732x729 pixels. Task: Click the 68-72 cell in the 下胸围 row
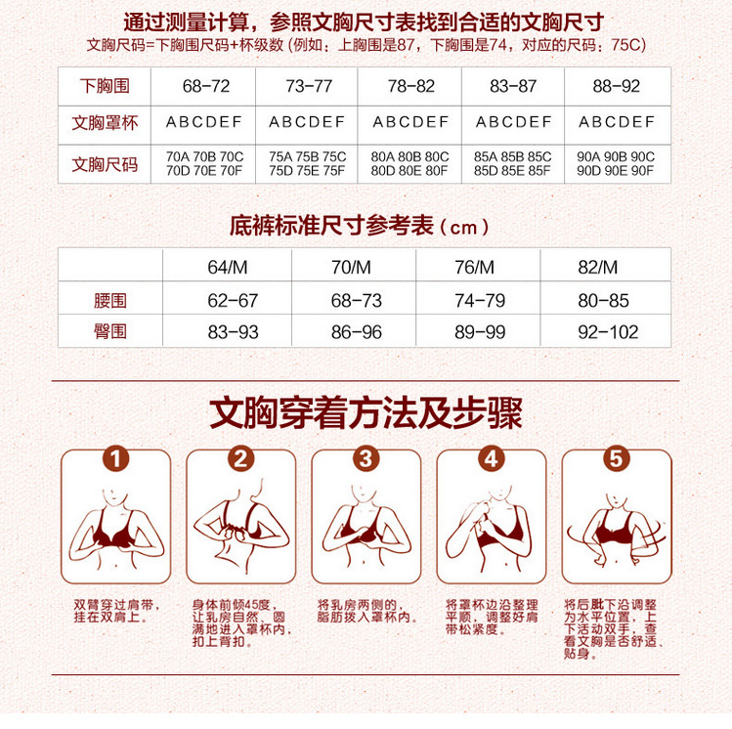coord(206,87)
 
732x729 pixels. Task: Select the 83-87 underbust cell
coord(513,87)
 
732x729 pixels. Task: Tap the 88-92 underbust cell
coord(616,87)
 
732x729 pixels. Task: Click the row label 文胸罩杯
coord(105,123)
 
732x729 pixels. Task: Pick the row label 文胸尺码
coord(105,163)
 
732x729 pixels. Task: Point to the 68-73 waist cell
coord(357,300)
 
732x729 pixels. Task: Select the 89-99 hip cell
coord(481,332)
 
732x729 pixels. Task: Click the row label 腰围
coord(110,300)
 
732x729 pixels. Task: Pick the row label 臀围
coord(110,332)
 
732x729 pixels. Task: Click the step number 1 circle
coord(115,458)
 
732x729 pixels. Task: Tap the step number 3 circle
coord(366,458)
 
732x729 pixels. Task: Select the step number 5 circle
coord(616,458)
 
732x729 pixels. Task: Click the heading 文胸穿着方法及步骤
coord(366,411)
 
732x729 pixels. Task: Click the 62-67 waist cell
coord(234,300)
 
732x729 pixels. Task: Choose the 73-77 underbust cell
coord(309,87)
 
